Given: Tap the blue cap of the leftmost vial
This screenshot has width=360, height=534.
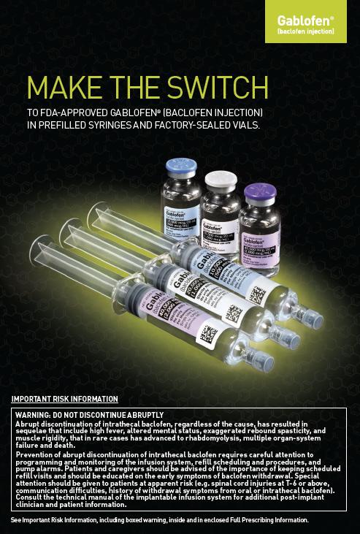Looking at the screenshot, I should point(178,167).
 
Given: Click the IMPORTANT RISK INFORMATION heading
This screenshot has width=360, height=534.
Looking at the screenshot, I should point(64,399).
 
